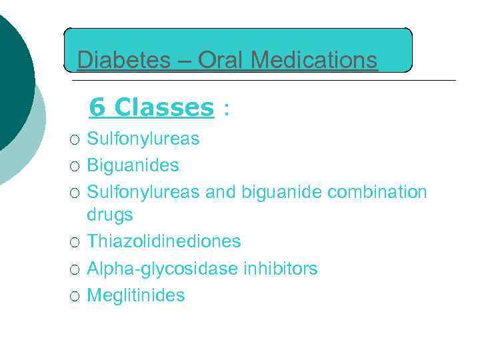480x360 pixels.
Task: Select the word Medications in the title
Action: [315, 61]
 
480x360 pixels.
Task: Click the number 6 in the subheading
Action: [97, 107]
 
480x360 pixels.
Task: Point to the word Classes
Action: [164, 107]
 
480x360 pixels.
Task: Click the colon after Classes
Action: [227, 109]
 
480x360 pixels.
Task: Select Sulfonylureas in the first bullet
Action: [143, 139]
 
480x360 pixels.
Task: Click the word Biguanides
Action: [133, 165]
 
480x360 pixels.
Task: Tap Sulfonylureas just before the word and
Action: [143, 192]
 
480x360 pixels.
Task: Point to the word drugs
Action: [110, 215]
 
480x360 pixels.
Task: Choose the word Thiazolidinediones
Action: [164, 241]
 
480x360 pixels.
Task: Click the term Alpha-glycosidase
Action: [162, 269]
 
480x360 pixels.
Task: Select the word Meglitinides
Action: [136, 295]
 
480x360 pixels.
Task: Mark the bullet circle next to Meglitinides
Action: [75, 296]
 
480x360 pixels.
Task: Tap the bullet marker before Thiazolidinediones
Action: [75, 242]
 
